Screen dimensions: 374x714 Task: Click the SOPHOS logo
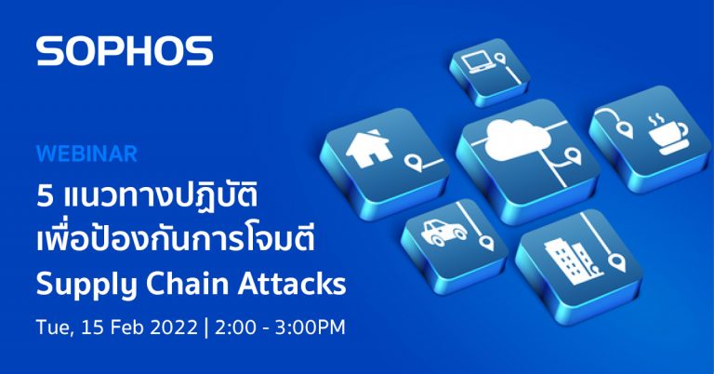point(124,51)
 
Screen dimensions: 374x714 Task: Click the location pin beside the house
point(414,167)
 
